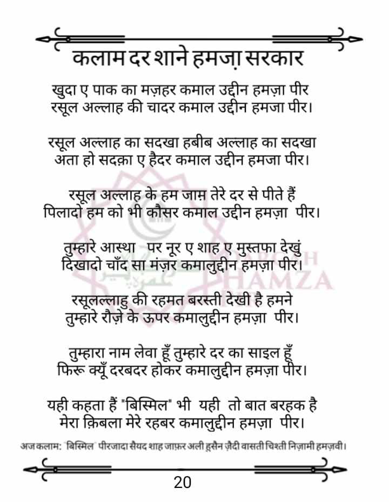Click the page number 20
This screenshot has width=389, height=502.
coord(183,482)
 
